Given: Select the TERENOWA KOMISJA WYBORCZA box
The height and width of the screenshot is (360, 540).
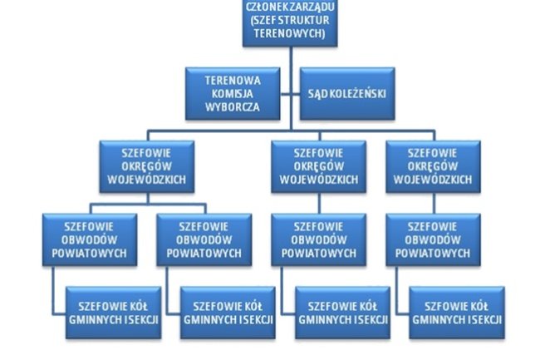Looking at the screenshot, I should tap(233, 93).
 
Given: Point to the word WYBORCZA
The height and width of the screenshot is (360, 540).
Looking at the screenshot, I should tap(233, 106).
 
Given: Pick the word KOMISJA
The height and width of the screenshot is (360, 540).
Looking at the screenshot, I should tap(233, 94).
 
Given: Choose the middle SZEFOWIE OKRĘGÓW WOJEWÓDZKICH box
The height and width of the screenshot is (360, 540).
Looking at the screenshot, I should tap(319, 166).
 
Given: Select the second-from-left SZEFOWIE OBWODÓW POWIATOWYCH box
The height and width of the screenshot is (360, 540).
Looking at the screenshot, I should tap(204, 239).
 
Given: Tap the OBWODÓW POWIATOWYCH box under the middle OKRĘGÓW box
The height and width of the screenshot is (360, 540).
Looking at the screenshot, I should tap(319, 239).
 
